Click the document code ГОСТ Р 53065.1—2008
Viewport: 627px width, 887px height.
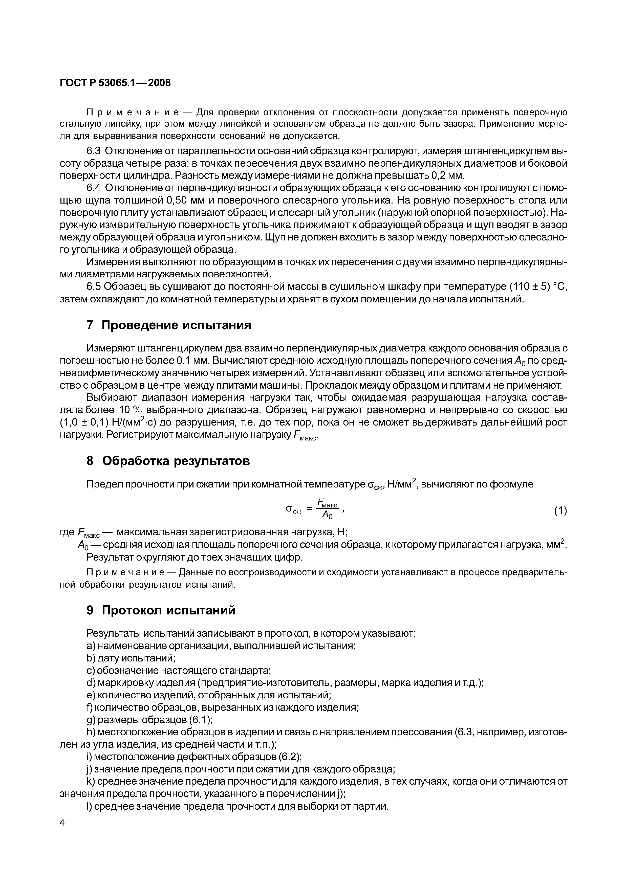(115, 83)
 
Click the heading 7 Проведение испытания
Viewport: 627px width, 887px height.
(169, 325)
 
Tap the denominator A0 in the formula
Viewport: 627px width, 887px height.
(327, 516)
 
